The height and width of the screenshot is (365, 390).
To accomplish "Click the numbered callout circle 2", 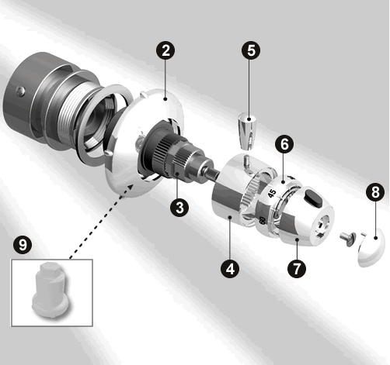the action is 165,50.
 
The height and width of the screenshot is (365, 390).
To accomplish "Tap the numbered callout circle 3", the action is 179,207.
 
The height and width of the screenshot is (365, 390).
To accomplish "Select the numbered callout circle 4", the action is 230,269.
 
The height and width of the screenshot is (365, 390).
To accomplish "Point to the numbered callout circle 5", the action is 251,50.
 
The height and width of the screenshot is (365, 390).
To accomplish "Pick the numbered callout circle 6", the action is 284,144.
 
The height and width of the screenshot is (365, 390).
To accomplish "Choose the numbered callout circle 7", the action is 297,269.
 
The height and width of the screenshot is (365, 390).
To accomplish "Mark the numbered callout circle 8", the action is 375,192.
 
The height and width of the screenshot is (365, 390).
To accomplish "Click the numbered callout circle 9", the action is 23,245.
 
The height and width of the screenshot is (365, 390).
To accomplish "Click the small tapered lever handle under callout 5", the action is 247,131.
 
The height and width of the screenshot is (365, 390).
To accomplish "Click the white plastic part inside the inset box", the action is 51,291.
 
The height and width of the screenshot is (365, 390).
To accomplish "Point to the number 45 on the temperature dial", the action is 272,193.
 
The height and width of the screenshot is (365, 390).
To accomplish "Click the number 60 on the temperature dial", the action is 263,220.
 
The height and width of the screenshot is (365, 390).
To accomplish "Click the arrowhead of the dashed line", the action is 130,187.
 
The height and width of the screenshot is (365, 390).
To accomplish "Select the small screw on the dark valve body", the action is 21,91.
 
